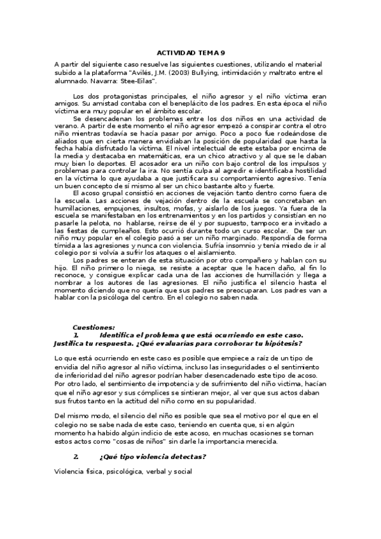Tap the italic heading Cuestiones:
click(94, 327)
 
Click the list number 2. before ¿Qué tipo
click(76, 457)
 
